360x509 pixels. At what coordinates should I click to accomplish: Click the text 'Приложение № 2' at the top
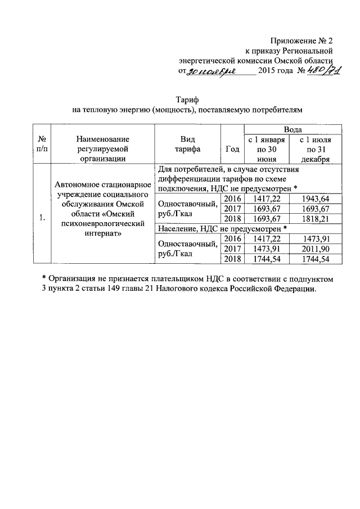tap(301, 40)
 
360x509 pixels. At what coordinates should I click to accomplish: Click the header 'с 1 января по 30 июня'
tap(264, 149)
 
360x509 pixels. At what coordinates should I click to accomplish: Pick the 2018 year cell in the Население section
tap(232, 259)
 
